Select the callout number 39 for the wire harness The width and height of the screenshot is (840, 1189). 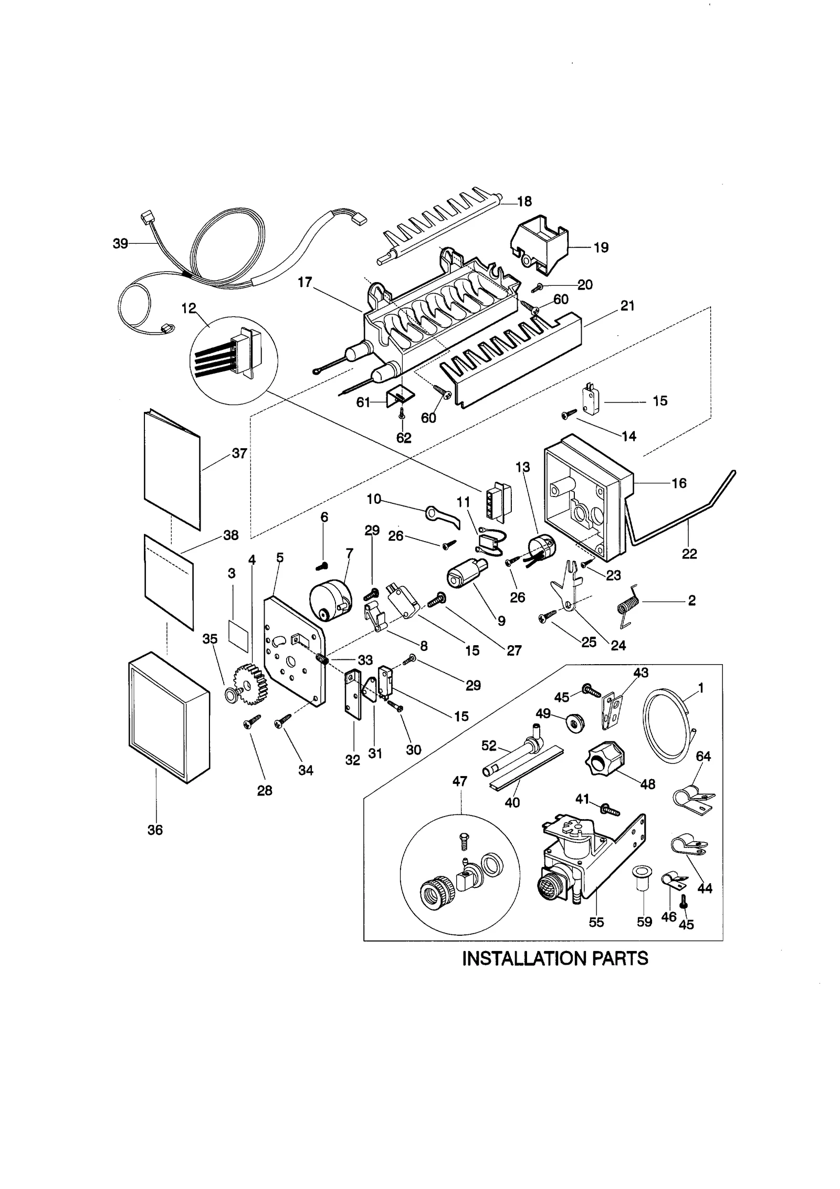pos(120,243)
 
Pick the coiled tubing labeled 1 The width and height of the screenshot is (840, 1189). pos(664,724)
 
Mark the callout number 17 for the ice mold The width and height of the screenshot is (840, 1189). pos(305,282)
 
